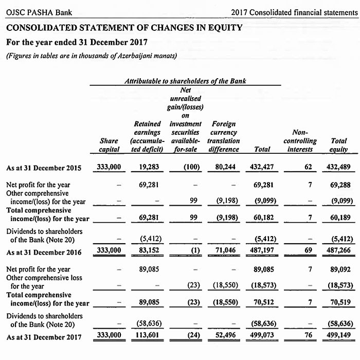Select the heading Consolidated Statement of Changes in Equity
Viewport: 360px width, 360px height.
[125, 27]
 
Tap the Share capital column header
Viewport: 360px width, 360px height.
[109, 145]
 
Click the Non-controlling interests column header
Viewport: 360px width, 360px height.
[300, 140]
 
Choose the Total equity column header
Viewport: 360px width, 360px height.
[338, 145]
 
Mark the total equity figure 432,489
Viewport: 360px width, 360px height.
[336, 168]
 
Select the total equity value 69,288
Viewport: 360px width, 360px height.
[338, 184]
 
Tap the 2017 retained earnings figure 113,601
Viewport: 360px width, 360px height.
[148, 336]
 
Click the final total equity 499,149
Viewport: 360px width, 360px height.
[336, 336]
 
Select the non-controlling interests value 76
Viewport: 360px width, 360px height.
[308, 336]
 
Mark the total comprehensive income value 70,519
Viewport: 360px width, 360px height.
[338, 303]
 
